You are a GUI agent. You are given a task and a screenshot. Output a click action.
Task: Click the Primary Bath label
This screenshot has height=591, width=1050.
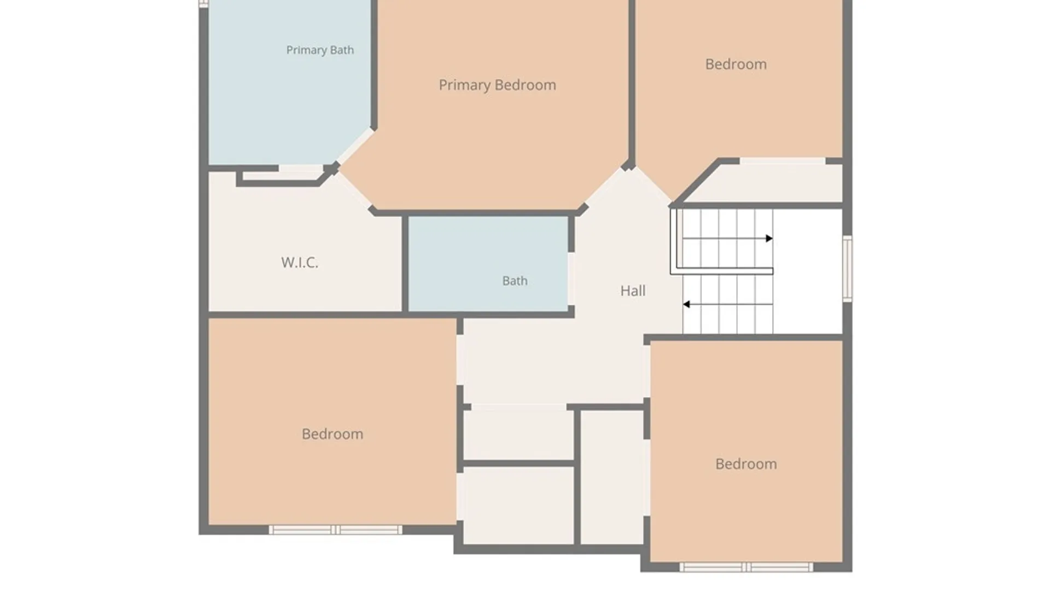(x=320, y=50)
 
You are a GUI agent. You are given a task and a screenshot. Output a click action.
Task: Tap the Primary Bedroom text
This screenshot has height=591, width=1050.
(x=497, y=85)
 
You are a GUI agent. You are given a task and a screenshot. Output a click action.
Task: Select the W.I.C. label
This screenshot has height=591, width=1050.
(x=300, y=263)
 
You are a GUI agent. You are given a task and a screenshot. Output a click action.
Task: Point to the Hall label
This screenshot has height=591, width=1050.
(x=633, y=291)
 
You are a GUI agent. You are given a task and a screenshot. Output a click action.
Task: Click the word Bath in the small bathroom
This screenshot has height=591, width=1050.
(x=515, y=281)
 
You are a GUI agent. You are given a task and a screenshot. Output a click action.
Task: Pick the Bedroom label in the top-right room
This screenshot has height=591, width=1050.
(x=736, y=65)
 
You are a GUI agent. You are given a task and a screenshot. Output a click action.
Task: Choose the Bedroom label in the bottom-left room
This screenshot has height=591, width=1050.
(x=332, y=434)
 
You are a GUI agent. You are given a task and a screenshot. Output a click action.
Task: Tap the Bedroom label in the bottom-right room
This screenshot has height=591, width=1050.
(x=746, y=464)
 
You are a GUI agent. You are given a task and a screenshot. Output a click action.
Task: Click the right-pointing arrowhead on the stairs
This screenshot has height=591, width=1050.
(x=769, y=239)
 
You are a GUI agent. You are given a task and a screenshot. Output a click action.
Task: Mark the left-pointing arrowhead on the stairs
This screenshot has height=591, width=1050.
(x=686, y=304)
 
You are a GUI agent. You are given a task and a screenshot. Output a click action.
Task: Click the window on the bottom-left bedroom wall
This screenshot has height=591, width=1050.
(x=335, y=530)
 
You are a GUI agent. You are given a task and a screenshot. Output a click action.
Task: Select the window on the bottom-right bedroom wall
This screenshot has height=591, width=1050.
(x=746, y=567)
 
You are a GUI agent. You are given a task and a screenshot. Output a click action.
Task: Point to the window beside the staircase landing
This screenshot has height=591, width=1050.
(x=847, y=268)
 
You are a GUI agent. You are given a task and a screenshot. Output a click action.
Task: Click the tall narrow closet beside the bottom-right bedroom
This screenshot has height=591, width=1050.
(x=611, y=477)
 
